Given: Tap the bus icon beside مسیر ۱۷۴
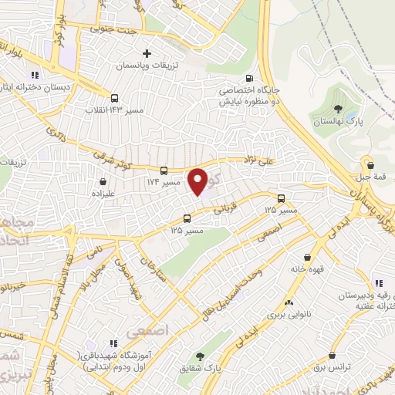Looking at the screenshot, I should (164, 170).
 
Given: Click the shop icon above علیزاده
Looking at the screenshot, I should (102, 183).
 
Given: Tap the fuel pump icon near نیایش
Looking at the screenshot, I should (248, 78).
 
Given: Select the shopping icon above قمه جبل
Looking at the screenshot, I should (371, 164).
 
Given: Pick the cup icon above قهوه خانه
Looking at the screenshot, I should (308, 257).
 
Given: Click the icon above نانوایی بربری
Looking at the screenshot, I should (289, 303).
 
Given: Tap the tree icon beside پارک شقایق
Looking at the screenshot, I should (201, 357).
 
